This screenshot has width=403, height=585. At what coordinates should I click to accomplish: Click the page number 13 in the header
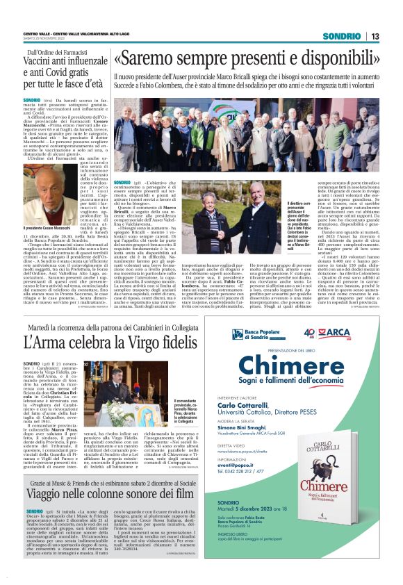(x=375, y=36)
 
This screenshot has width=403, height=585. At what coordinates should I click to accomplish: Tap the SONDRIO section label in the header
(x=341, y=36)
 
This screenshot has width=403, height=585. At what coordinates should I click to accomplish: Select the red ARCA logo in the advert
(x=359, y=333)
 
